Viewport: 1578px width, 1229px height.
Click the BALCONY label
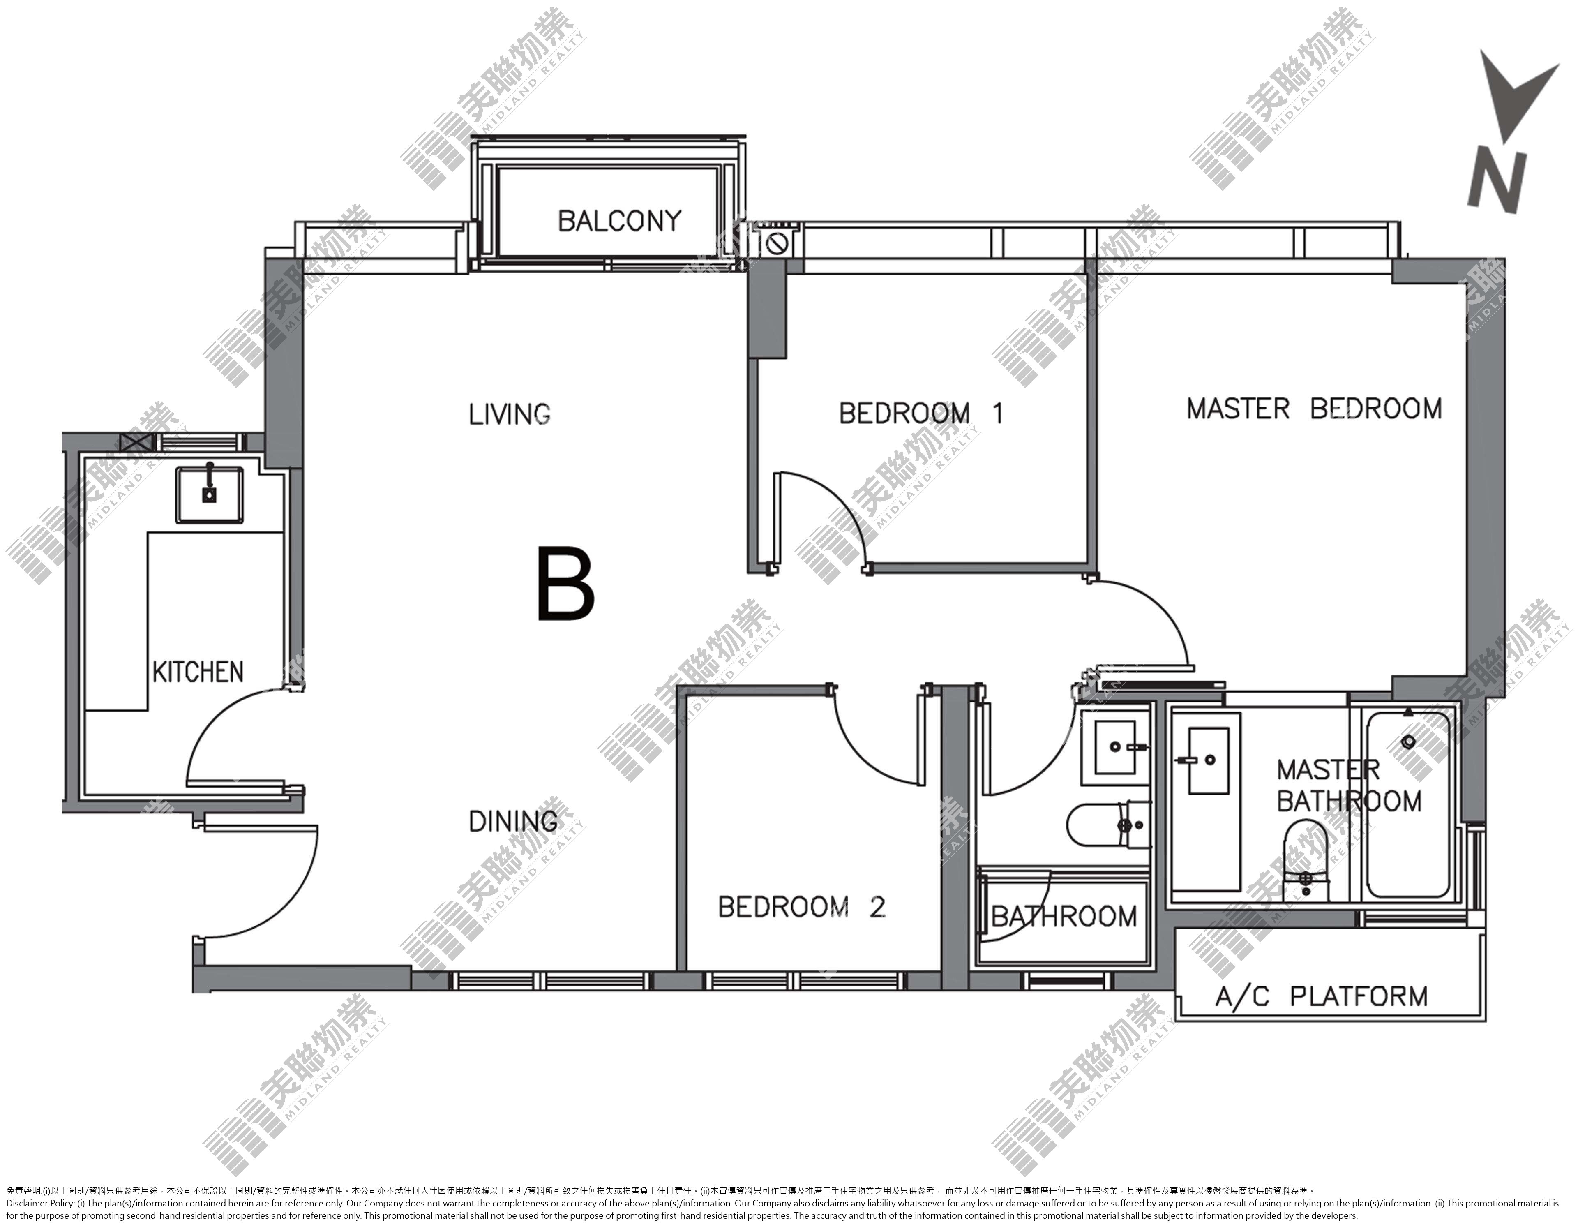click(619, 220)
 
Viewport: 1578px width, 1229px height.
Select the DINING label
click(513, 821)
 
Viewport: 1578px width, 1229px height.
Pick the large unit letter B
click(566, 584)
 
